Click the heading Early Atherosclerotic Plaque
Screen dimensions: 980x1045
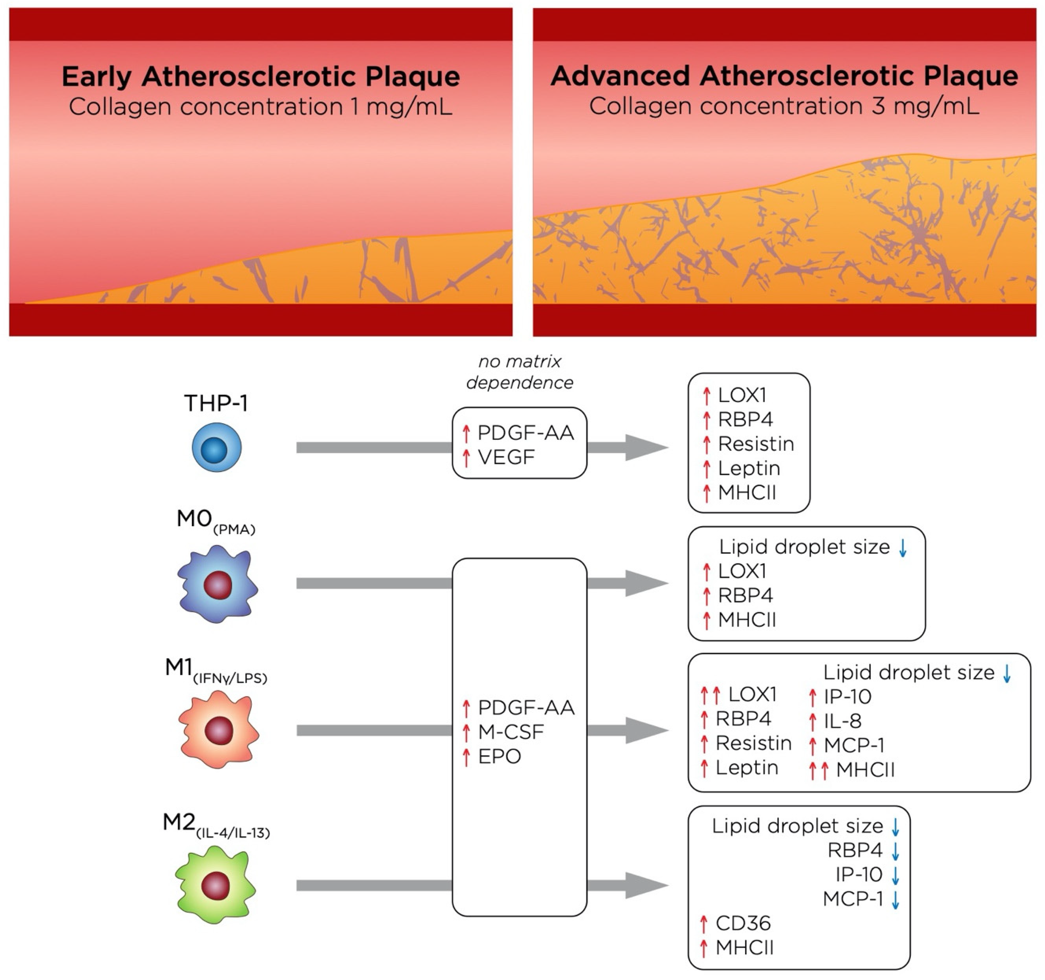261,77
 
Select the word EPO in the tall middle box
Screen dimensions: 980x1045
499,756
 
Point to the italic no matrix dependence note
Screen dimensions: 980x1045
519,372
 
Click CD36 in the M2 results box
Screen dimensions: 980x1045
743,923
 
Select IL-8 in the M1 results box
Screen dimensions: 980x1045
843,721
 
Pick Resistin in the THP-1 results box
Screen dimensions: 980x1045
755,444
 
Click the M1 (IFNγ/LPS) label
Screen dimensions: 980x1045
215,669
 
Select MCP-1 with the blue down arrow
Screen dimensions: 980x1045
853,899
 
